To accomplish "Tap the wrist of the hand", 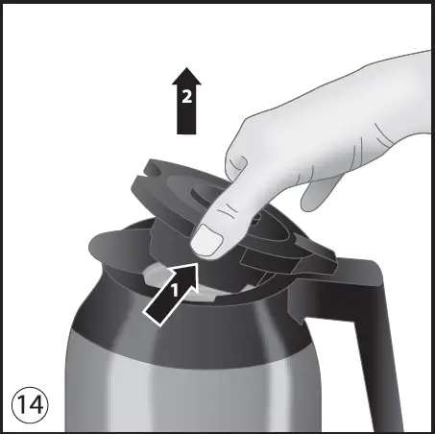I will click(403, 106).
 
